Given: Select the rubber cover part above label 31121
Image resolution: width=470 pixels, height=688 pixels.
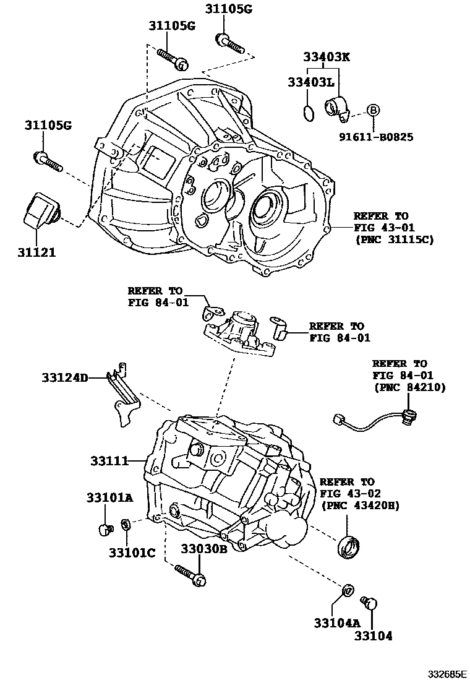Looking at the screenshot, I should [41, 211].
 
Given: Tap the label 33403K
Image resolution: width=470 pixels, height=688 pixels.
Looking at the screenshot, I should [326, 57].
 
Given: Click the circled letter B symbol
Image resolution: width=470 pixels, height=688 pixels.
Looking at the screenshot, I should [373, 111].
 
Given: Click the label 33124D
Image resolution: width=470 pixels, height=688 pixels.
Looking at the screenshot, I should [65, 377].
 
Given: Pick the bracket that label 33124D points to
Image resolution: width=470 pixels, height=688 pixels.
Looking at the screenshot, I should [124, 396].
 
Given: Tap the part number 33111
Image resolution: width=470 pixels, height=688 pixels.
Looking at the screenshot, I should [109, 461].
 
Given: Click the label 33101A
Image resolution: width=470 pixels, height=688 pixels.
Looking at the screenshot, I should [109, 497].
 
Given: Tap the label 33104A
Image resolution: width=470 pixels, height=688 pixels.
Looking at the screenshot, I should [330, 622].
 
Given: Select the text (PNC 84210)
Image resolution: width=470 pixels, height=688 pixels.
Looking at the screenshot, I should [409, 387].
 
